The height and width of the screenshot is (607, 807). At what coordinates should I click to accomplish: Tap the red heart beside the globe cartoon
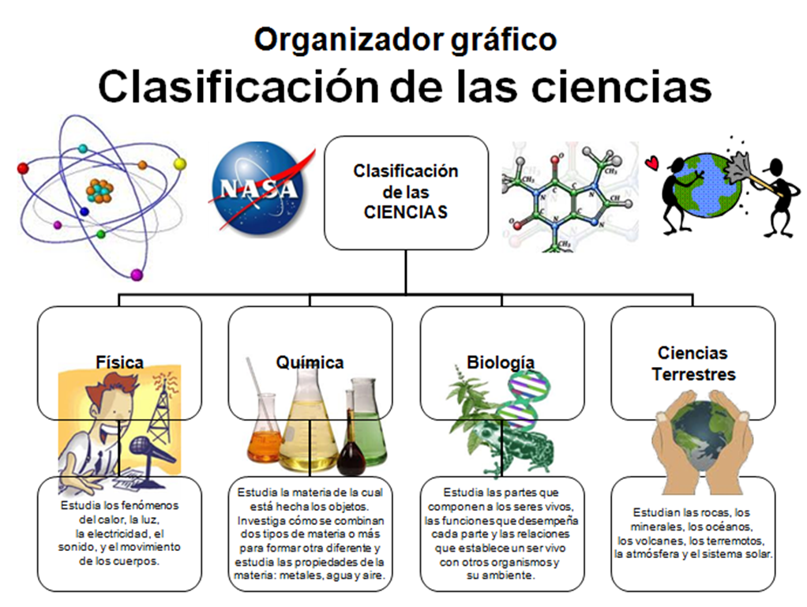coord(652,163)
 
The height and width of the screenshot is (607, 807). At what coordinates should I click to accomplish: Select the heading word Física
coord(119,362)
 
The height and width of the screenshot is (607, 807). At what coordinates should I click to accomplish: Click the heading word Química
coord(310,362)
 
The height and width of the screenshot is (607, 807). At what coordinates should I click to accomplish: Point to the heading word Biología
coord(501,362)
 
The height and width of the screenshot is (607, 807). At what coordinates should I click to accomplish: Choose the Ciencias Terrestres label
coord(693,363)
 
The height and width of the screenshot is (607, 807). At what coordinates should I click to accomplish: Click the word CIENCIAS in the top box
coord(406,212)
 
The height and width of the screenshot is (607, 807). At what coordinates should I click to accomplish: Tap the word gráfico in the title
coord(504,40)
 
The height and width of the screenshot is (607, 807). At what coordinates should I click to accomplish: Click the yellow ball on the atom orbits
coord(179,163)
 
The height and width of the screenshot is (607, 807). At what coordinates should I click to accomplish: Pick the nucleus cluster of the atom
coord(99,190)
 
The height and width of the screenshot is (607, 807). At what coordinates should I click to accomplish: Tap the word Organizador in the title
coord(348,39)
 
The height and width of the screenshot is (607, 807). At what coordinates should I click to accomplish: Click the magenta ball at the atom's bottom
coord(137,275)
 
